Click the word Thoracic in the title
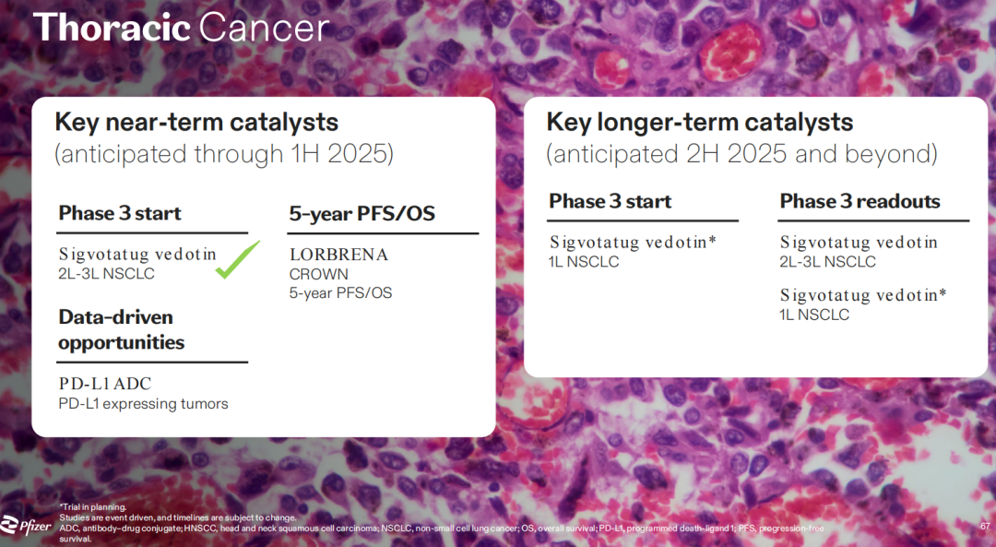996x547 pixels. pos(112,28)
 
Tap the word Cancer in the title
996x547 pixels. pos(264,28)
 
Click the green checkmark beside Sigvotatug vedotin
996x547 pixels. pos(238,259)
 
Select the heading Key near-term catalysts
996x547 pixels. pos(196,122)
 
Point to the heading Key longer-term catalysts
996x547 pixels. pos(699,122)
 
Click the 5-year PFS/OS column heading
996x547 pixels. pos(362,213)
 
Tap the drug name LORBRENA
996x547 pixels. pos(338,255)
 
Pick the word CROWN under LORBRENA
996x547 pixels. pos(319,275)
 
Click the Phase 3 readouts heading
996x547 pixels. pos(860,201)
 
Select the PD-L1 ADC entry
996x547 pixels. pos(105,384)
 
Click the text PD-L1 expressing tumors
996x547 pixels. pos(143,404)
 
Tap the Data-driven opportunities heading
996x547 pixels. pos(122,329)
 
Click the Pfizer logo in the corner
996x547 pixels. pos(26,526)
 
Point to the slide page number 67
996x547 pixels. pos(985,526)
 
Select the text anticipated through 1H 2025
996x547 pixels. pos(223,154)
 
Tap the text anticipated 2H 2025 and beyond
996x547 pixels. pos(741,154)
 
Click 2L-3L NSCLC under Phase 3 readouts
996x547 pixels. pos(827,262)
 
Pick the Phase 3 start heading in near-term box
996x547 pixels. pos(120,213)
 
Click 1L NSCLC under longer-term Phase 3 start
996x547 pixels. pos(584,262)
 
